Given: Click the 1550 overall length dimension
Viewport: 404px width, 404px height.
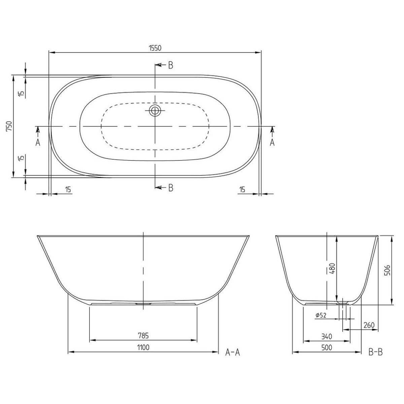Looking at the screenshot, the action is pyautogui.click(x=155, y=48).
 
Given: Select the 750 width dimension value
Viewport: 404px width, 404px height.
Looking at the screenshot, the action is pyautogui.click(x=10, y=126).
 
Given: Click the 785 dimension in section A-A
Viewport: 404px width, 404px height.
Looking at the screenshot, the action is pyautogui.click(x=143, y=336).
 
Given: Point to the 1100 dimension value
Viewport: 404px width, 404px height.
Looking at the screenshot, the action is pyautogui.click(x=143, y=347).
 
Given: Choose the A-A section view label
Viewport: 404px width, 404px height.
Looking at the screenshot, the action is pyautogui.click(x=233, y=352).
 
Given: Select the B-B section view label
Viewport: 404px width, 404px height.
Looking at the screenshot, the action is pyautogui.click(x=375, y=352).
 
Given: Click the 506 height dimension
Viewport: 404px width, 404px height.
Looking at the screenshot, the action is pyautogui.click(x=388, y=270).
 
